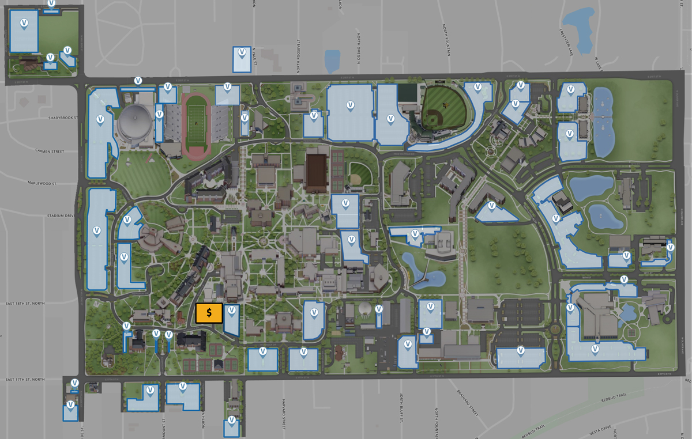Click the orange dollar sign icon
(209, 313)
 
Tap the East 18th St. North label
(25, 304)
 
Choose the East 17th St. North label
(25, 379)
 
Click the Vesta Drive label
(600, 429)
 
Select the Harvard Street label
(284, 414)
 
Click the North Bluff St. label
(401, 407)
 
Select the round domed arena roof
(136, 122)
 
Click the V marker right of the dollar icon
(231, 311)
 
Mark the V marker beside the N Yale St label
(242, 54)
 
